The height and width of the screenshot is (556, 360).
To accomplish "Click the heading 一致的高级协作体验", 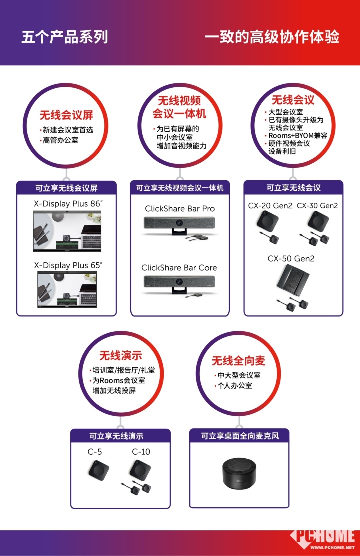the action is tap(272, 37).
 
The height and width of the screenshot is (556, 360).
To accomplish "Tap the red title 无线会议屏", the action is tap(66, 115).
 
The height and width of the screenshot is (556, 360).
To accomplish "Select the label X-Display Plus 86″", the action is tap(68, 204).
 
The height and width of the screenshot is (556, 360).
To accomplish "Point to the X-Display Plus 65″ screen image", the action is tap(67, 289).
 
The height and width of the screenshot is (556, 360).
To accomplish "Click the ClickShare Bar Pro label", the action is tap(180, 209).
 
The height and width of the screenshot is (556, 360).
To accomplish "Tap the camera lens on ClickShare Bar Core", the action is tap(179, 281).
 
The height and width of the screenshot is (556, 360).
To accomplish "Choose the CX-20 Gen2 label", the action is tap(270, 206).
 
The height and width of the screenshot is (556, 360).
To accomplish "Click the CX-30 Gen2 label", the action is tap(317, 206).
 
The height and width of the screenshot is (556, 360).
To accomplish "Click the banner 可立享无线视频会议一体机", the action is tap(180, 188).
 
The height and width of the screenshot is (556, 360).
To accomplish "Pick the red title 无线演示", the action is tap(121, 355).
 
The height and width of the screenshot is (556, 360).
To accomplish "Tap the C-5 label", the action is tap(95, 452).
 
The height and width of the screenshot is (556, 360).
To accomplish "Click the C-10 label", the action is tap(141, 452).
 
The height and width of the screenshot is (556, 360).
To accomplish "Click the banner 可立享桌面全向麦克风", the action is tap(240, 436).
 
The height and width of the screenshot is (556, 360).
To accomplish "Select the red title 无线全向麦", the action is tap(239, 361).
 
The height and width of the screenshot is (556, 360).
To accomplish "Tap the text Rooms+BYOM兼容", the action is tap(298, 136).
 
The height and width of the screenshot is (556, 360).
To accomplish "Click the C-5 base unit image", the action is tap(99, 470).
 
